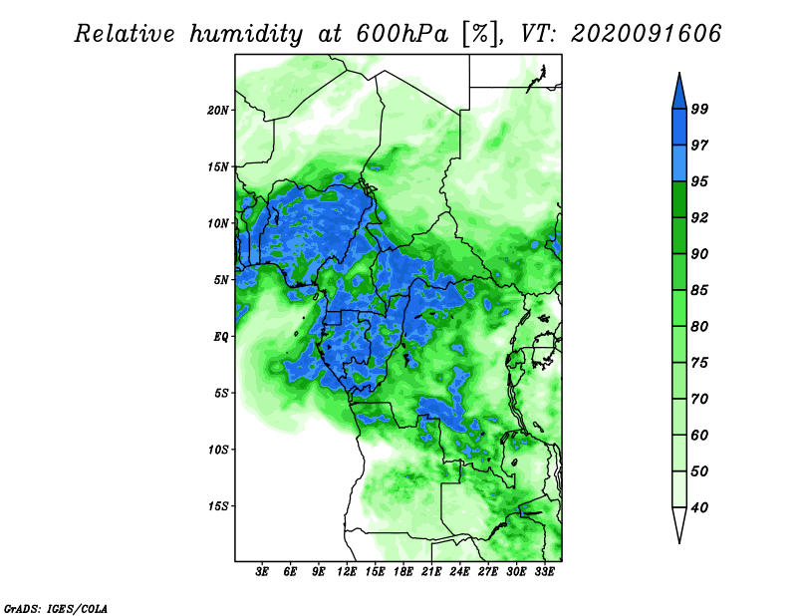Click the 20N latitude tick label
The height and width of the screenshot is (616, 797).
click(217, 111)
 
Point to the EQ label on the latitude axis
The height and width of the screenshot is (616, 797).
click(221, 337)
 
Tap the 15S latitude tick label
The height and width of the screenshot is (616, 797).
click(217, 506)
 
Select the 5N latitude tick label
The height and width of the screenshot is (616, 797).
click(221, 280)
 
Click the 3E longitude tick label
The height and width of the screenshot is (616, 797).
click(262, 572)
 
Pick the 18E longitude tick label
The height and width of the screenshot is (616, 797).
click(403, 572)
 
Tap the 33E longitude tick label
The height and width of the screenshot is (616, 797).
click(544, 572)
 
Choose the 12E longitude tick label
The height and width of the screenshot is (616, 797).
click(347, 572)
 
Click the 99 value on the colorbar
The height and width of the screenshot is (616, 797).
click(699, 109)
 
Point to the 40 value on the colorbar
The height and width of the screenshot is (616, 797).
click(699, 507)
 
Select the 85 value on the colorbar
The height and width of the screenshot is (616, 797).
click(699, 290)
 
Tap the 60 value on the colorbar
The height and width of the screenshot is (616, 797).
click(699, 435)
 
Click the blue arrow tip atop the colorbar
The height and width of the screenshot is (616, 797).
click(679, 74)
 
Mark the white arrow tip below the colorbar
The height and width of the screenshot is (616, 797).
click(679, 541)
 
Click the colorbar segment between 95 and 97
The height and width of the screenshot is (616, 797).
click(679, 163)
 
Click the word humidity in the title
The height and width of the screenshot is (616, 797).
click(246, 35)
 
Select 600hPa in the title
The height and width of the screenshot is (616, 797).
click(402, 34)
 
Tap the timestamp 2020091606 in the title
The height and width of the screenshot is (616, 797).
click(646, 34)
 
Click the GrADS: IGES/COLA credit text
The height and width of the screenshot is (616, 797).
click(56, 608)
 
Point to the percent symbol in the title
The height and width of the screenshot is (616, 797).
click(479, 34)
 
